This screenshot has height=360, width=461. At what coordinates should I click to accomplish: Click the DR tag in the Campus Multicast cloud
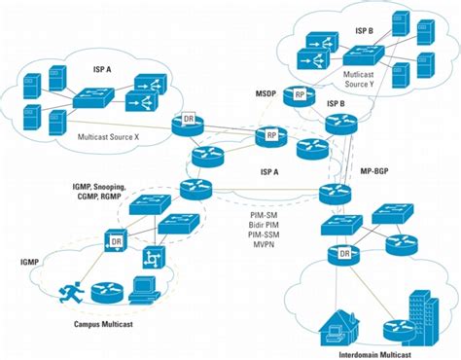point(116,240)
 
